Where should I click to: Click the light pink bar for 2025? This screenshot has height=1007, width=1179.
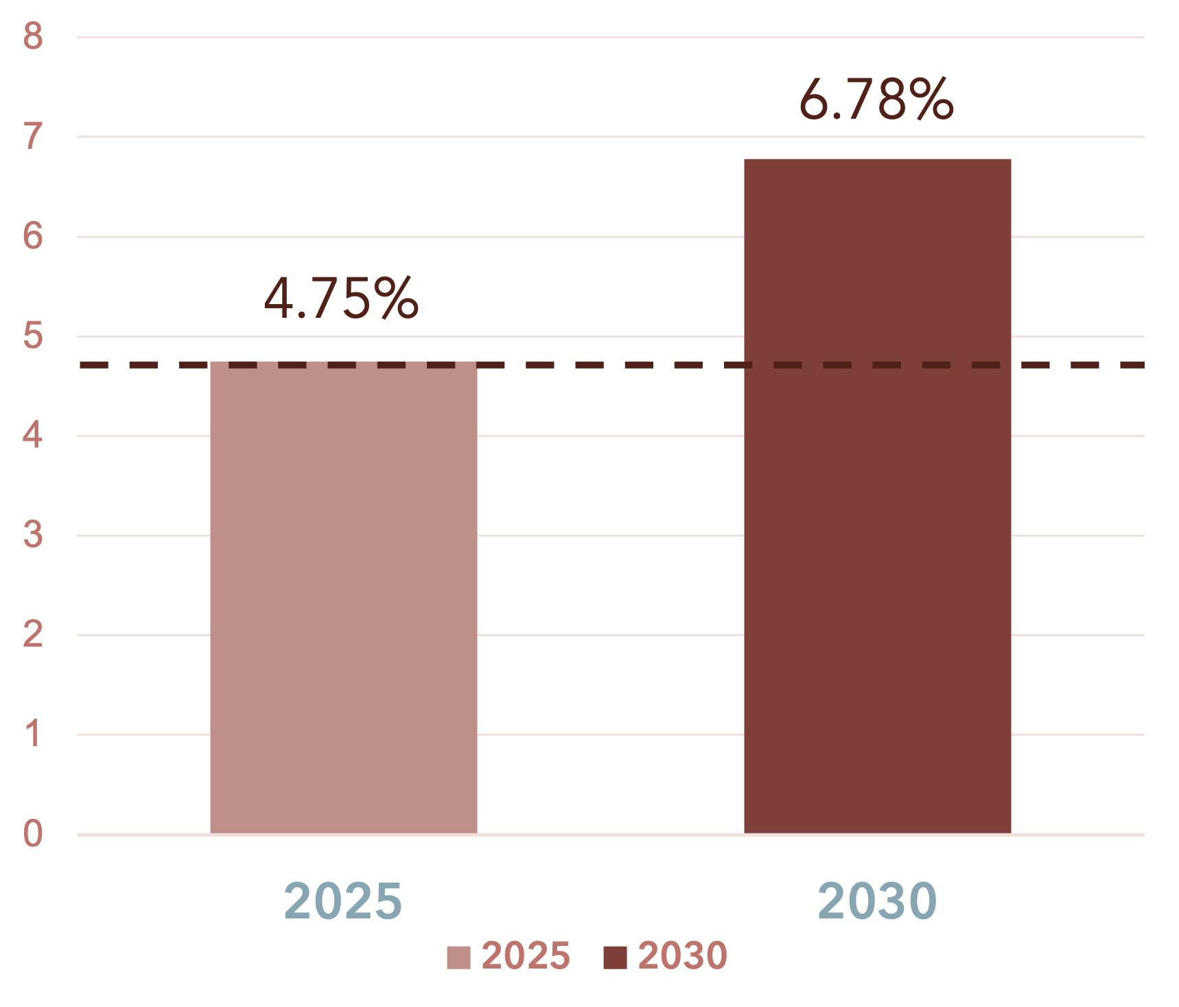click(343, 597)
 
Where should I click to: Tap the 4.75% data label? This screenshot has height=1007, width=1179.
click(341, 299)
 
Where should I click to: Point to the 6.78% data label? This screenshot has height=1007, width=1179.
click(876, 100)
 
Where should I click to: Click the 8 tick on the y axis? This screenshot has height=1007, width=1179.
click(32, 36)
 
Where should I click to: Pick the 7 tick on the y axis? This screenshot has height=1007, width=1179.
click(32, 136)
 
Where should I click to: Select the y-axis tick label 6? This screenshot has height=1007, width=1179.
click(32, 236)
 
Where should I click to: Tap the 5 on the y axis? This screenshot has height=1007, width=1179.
click(32, 336)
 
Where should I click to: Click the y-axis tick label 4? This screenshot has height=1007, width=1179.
click(32, 435)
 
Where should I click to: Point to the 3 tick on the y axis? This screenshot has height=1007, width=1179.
click(32, 535)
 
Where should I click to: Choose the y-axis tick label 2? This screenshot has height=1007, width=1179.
click(32, 634)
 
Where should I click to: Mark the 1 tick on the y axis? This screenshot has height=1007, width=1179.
click(32, 734)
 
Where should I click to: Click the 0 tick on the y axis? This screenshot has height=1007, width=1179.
click(32, 834)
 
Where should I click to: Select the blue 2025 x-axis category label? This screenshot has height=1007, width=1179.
click(342, 901)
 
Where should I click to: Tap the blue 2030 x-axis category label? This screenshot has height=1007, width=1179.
click(877, 901)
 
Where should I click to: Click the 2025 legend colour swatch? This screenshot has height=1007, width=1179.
click(458, 958)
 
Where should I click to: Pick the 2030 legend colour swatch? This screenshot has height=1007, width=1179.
click(615, 958)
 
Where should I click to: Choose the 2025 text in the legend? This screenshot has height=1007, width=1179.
click(526, 956)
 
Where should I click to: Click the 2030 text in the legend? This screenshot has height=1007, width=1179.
click(682, 956)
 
